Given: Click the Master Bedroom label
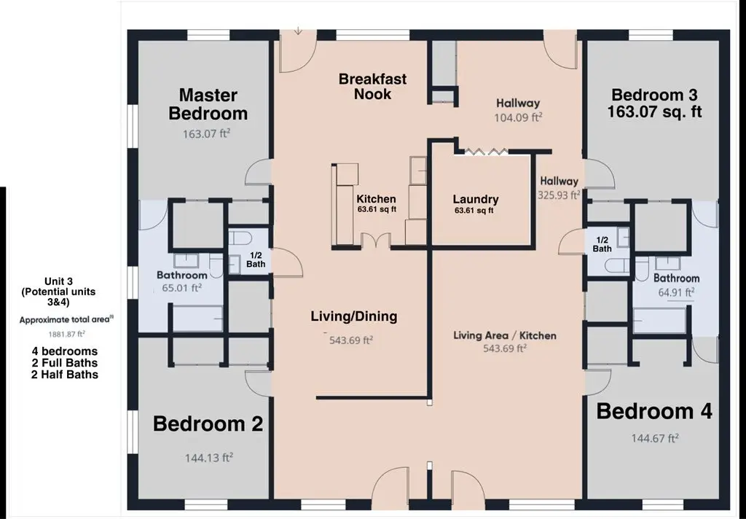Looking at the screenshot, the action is [x=208, y=104].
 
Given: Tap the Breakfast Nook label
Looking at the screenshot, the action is [x=372, y=86].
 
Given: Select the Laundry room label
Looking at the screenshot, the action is [x=476, y=199].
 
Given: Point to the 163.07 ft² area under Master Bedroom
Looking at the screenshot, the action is [x=206, y=134].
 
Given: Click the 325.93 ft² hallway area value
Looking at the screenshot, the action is [x=559, y=195].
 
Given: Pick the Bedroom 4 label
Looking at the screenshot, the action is [x=654, y=411].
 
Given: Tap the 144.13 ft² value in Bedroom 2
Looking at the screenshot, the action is [x=209, y=458].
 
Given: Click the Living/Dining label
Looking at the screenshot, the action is [x=354, y=316].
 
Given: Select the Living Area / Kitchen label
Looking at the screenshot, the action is [x=505, y=335].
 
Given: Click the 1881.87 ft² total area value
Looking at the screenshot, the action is [x=66, y=334].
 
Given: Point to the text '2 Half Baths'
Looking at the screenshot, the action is [x=65, y=375].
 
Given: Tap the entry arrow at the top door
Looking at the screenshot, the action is [x=298, y=31].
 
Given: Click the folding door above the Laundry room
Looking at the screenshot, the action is [x=485, y=152].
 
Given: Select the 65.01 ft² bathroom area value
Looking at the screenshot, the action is [x=178, y=288].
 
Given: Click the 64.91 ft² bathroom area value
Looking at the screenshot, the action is [x=676, y=292].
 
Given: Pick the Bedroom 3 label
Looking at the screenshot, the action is [x=654, y=95].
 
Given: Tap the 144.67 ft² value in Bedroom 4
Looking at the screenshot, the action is [x=655, y=438].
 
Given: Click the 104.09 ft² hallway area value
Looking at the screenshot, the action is [x=518, y=117].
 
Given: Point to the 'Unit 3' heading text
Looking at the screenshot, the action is [x=58, y=281].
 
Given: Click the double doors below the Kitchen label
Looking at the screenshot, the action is [x=375, y=241].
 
